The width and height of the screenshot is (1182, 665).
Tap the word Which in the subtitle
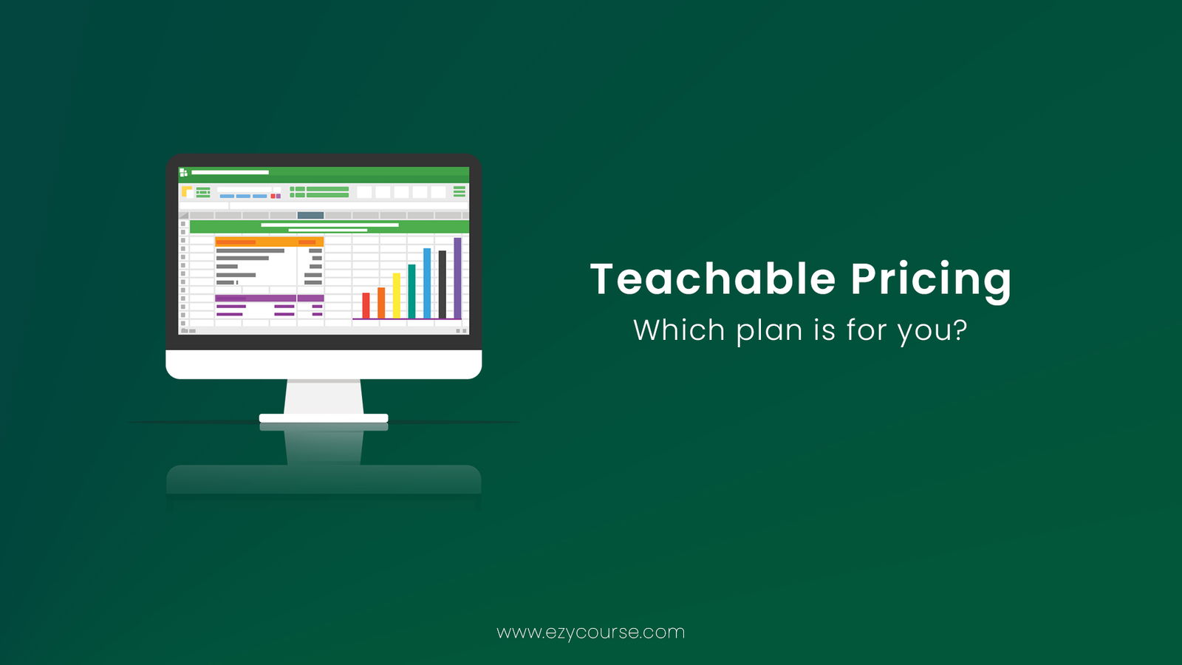tap(679, 330)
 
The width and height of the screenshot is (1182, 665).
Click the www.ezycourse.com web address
tap(590, 632)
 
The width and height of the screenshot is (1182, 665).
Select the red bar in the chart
tap(366, 306)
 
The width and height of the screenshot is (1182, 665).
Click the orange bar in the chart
tap(381, 303)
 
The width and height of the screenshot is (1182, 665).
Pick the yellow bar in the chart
tap(396, 296)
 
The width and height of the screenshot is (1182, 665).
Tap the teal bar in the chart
tap(411, 291)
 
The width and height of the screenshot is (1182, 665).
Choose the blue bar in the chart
tap(427, 284)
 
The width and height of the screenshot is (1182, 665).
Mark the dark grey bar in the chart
tap(443, 284)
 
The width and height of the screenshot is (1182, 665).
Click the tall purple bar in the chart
tap(457, 278)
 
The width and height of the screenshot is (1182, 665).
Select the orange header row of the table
tap(269, 242)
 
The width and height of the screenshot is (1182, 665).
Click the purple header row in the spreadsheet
tap(269, 299)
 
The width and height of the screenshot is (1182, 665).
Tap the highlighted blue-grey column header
tap(310, 215)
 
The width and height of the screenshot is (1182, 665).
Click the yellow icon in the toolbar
tap(187, 191)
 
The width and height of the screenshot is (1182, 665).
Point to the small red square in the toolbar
tap(273, 197)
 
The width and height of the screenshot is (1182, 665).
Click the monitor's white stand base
tap(324, 418)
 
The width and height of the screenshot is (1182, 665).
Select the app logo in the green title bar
tap(184, 172)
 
